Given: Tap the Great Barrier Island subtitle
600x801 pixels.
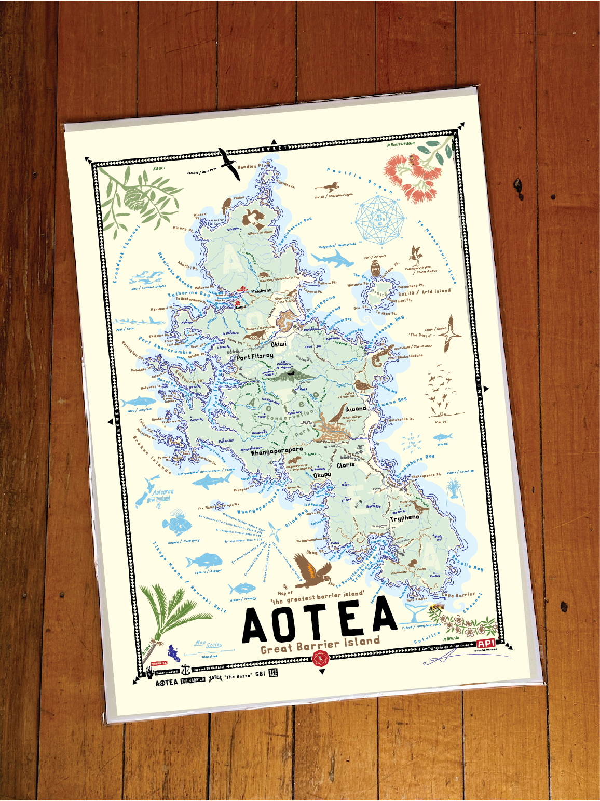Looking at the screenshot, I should click(320, 645).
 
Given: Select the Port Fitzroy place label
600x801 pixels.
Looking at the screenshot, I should click(254, 357).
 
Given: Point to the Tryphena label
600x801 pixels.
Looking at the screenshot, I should click(404, 518).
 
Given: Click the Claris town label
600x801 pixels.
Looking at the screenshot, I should click(346, 465).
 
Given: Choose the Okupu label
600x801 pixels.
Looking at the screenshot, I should click(322, 475).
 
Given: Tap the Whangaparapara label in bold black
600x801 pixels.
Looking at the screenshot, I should click(276, 451).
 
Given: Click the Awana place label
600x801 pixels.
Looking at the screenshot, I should click(356, 409).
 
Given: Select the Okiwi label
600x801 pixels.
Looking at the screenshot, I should click(278, 344).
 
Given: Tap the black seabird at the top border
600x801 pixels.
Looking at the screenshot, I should click(229, 163).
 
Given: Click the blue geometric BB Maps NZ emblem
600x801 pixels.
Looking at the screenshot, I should click(379, 220).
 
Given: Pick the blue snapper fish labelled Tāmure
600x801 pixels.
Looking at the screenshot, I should click(204, 561).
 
